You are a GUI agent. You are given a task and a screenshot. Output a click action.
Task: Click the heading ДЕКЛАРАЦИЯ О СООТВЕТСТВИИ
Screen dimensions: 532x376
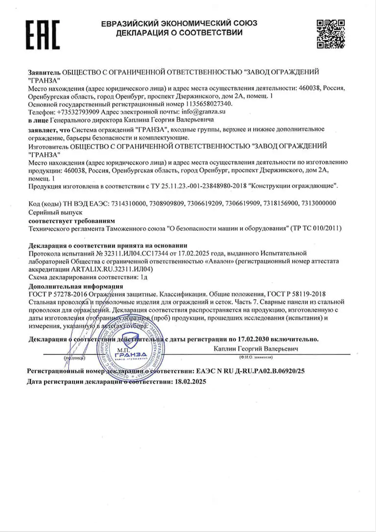pos(179,33)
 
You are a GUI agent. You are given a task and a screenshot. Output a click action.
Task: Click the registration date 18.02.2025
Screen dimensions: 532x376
pos(190,382)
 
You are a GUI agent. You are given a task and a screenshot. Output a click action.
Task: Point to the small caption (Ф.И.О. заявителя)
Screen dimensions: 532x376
pos(255,357)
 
